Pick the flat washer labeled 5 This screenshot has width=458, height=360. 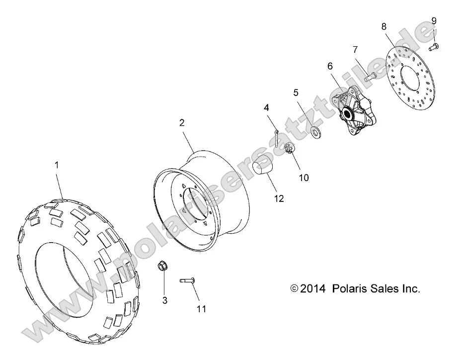click(x=314, y=130)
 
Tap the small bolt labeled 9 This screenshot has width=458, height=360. click(x=433, y=47)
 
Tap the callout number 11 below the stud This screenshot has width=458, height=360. click(x=201, y=309)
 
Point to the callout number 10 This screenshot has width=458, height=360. click(x=303, y=177)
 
